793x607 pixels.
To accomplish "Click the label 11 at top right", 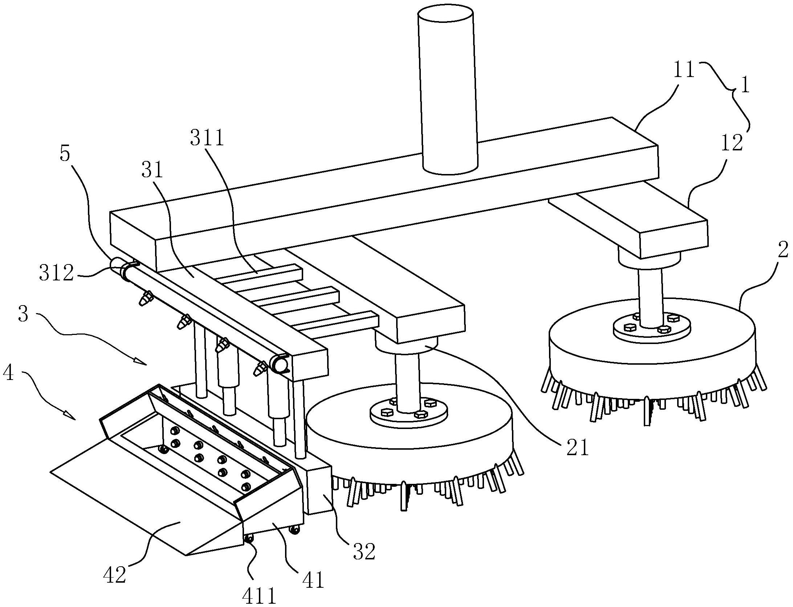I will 684,70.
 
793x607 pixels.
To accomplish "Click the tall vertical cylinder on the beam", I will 448,91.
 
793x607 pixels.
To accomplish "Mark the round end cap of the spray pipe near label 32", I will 280,364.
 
